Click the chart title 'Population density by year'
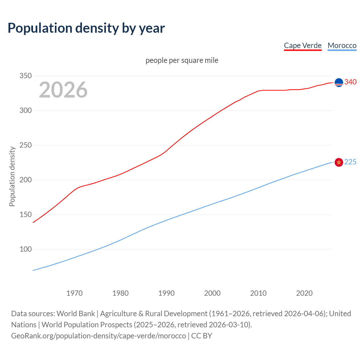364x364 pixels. click(86, 28)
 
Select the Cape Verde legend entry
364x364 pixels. click(303, 45)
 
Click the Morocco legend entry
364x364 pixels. click(342, 45)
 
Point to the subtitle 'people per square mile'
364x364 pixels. click(182, 61)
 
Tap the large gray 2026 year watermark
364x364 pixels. click(63, 90)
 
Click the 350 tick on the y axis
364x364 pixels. click(26, 76)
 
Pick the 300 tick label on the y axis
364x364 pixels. click(26, 111)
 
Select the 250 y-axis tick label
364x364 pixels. click(26, 145)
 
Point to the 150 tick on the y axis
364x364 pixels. click(26, 215)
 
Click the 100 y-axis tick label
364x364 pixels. click(26, 249)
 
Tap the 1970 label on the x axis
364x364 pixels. click(75, 293)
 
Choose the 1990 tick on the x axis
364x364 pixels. click(166, 293)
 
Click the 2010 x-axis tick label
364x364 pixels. click(258, 293)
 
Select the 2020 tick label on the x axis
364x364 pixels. click(304, 293)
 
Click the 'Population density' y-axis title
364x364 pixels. click(12, 176)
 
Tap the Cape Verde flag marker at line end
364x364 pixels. click(339, 82)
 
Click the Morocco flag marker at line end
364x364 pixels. click(339, 162)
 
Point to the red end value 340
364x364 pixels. click(350, 82)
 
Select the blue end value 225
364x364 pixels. click(350, 162)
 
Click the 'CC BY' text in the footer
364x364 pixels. click(202, 336)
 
